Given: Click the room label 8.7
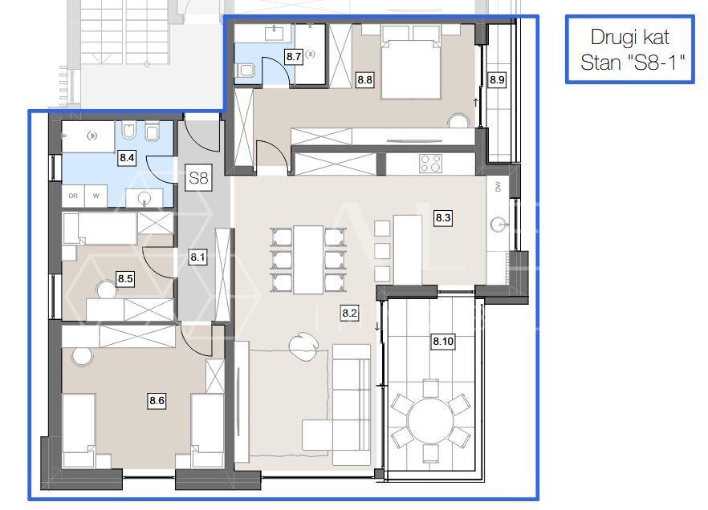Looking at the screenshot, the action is pos(294,57).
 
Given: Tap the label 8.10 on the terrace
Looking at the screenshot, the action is pos(443,342).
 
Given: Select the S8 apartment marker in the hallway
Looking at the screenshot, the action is pos(199,178).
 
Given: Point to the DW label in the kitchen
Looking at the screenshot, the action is pos(498,187).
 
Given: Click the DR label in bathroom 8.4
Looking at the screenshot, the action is pos(73,196).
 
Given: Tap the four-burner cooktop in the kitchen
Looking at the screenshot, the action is pos(430,164).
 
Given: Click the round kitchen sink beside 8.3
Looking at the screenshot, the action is pos(500,223).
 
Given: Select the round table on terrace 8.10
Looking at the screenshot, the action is pos(431,421).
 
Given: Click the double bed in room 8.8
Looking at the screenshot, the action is pos(410,63).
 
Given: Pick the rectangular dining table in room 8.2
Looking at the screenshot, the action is pos(308,259).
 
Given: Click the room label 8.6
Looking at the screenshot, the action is pos(157,400).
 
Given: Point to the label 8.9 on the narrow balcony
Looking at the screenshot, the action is pos(497,80).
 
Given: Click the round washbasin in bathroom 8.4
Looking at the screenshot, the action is pos(144,198).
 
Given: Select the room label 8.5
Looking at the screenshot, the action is pos(125,279).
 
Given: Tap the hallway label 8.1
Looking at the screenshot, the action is pos(197,257).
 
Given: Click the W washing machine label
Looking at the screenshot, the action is pos(96,196).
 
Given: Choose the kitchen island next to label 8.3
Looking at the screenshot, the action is pos(407,250).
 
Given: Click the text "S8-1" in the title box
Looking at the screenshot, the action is pos(656,63).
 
